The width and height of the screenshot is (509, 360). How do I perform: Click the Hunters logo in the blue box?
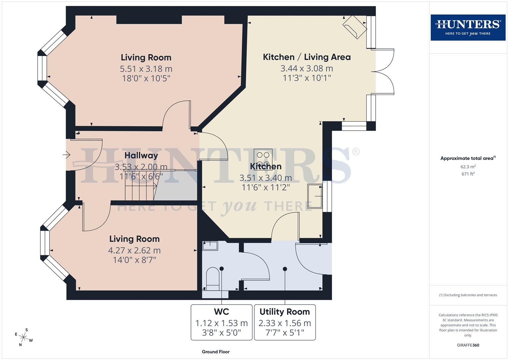[x=468, y=27]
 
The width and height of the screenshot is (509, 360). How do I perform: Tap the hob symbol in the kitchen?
[x=263, y=155]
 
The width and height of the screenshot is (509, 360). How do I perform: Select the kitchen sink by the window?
[x=315, y=196]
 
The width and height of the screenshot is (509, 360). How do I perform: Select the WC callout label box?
[x=221, y=322]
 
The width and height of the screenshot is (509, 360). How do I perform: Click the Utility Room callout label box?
[x=285, y=322]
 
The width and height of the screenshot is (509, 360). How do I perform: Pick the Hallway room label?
[x=141, y=155]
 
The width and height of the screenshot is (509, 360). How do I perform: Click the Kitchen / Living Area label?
[x=307, y=57]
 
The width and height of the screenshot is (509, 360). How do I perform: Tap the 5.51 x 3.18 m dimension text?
[x=146, y=69]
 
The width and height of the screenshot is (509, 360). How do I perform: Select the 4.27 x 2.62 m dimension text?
[x=134, y=250]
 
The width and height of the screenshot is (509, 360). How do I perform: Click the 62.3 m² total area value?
[x=468, y=167]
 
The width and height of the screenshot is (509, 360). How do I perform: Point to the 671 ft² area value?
[x=468, y=174]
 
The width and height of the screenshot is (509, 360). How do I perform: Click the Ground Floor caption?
[x=216, y=352]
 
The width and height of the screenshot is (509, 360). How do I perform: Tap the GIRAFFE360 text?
[x=468, y=345]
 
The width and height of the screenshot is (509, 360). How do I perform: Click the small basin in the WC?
[x=210, y=246]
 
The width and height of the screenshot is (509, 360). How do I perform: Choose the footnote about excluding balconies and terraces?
[x=468, y=295]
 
